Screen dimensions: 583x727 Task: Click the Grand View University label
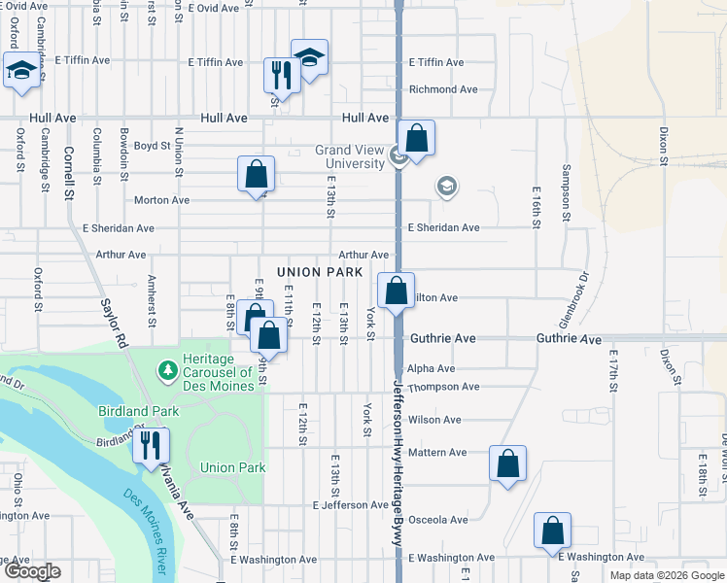coord(350,157)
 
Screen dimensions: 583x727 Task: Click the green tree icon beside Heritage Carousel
coord(167,369)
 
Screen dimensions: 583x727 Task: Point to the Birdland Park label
coord(133,411)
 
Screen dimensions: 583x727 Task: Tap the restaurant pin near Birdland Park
coord(151,445)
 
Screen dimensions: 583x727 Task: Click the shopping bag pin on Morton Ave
coord(256,174)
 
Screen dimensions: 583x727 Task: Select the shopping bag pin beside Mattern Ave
coord(507,463)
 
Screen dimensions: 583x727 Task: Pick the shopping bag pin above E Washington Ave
coord(552,531)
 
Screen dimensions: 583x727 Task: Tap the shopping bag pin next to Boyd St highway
coord(416,138)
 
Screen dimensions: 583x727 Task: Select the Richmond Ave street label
coord(444,89)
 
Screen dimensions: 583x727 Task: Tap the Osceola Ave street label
coord(437,520)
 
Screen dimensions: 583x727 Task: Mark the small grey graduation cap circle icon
coord(446,187)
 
